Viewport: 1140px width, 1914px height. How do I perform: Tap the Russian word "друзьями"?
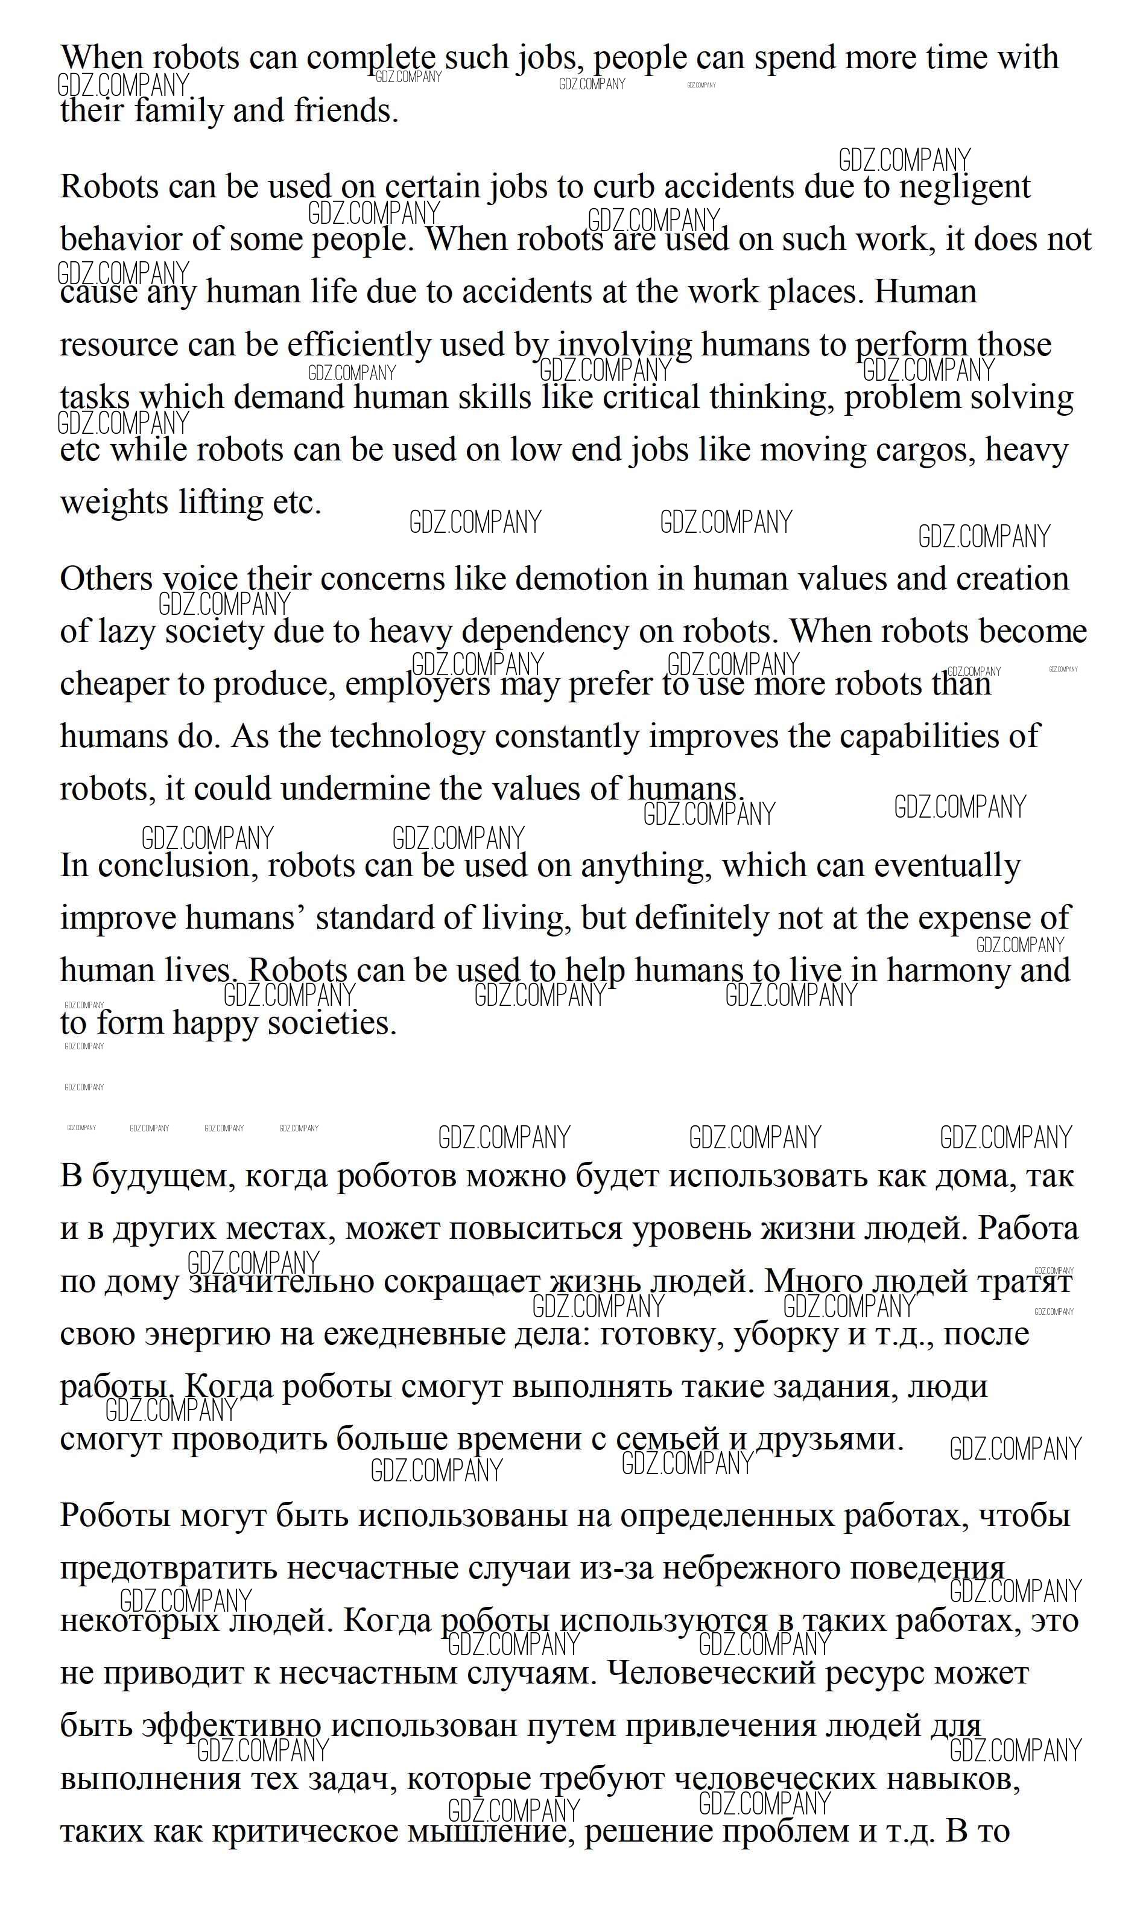click(x=829, y=1439)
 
